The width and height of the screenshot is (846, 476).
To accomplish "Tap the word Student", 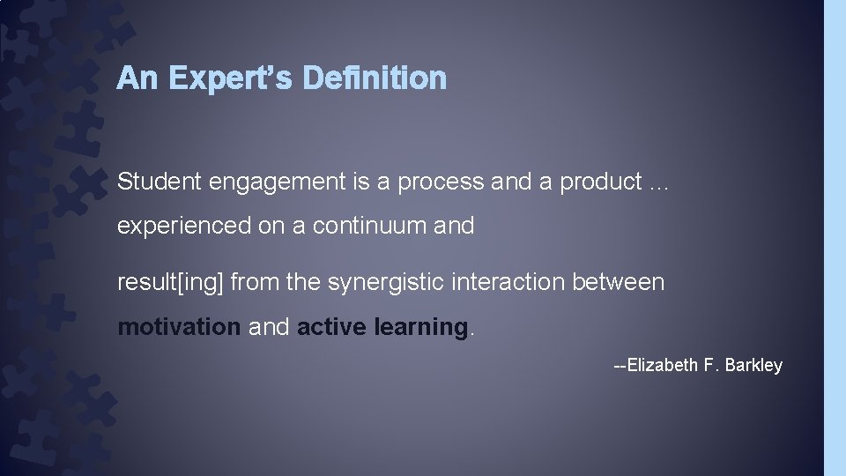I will click(x=160, y=182).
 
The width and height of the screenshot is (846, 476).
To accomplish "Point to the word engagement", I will click(x=270, y=183).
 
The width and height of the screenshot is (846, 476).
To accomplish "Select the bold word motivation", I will click(x=179, y=327).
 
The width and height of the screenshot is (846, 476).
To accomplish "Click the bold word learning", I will click(x=420, y=328).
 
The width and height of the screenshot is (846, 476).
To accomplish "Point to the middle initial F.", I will click(x=709, y=365).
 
